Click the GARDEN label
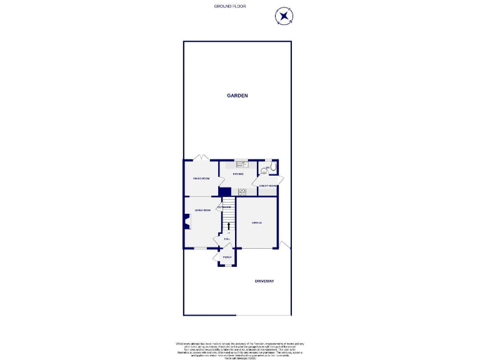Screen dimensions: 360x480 tap(237, 96)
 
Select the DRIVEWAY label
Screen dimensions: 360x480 tap(264, 281)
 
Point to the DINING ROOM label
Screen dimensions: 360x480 tap(200, 179)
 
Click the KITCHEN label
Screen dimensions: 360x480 tap(237, 174)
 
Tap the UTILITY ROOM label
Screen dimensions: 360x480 tap(268, 186)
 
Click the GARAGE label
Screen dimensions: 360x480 tap(256, 223)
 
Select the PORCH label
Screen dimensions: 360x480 tap(227, 257)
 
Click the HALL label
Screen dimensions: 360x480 tap(227, 239)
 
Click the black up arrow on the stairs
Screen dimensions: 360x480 tap(228, 225)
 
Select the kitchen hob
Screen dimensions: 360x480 tap(241, 192)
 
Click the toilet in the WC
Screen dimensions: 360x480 tap(272, 167)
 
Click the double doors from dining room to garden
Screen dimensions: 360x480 tap(200, 157)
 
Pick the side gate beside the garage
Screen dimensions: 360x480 tap(285, 244)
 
